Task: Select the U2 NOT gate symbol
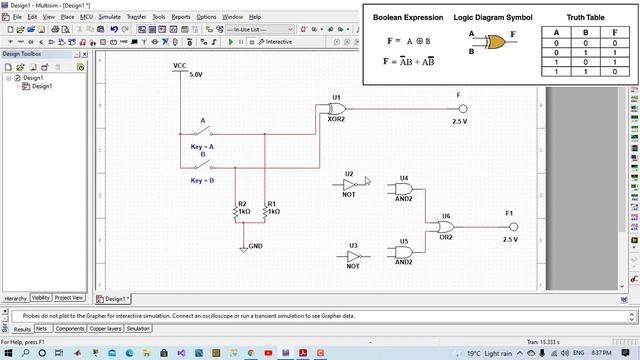[349, 184]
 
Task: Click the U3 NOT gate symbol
[353, 256]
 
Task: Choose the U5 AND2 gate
[403, 252]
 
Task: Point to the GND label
[255, 245]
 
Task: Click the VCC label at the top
[180, 65]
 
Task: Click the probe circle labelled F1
[509, 227]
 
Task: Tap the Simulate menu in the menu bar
[110, 17]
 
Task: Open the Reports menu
[181, 17]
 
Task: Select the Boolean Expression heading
[407, 18]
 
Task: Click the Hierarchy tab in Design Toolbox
[15, 298]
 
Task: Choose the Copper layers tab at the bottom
[106, 328]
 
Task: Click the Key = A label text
[203, 146]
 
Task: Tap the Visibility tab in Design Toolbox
[41, 298]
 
